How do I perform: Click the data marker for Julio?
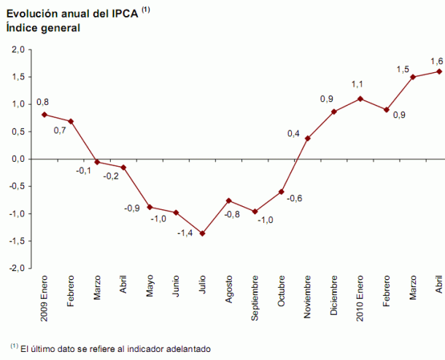(202, 233)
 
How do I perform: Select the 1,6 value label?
(437, 60)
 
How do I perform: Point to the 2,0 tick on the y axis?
(18, 50)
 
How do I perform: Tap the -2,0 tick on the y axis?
(17, 268)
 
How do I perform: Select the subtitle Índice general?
(43, 28)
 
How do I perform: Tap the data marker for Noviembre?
(308, 138)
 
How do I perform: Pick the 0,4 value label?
(294, 133)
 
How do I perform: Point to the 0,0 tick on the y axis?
(18, 159)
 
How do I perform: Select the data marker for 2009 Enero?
(44, 114)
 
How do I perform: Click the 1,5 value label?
(402, 69)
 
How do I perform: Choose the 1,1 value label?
(357, 85)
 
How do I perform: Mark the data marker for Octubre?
(281, 192)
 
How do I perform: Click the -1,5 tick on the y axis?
(17, 241)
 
